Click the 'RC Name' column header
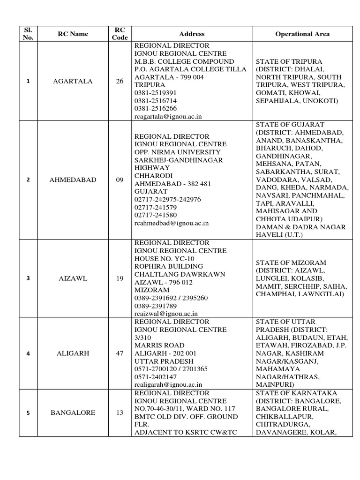coord(73,34)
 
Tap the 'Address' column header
coord(192,34)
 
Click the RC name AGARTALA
coord(73,81)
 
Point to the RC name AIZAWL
coord(73,278)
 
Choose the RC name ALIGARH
coord(73,353)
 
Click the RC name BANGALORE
coord(73,412)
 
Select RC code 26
coord(120,81)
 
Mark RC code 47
coord(120,353)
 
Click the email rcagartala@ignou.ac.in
coord(168,116)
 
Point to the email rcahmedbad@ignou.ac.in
coord(172,224)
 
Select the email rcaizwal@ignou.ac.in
coord(166,313)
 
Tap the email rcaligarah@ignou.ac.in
coord(168,384)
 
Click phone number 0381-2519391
coord(156,93)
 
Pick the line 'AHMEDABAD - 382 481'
coord(172,184)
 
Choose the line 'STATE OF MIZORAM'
coord(291,262)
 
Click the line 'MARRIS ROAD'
coord(157,345)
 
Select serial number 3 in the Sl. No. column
coord(28,278)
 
